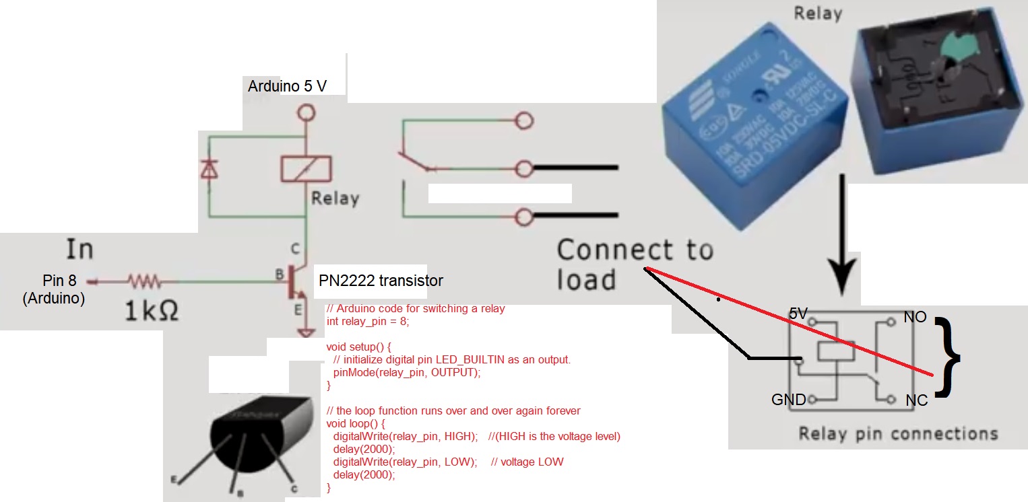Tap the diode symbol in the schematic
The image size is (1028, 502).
point(209,171)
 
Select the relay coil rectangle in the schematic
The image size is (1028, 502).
point(305,168)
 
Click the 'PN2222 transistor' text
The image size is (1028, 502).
point(381,280)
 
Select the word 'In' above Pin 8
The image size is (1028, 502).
point(79,249)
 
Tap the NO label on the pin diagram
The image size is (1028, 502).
point(915,316)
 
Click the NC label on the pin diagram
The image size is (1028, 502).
point(917,400)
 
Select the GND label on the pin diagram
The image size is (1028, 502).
point(788,400)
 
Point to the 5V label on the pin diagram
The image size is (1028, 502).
point(798,314)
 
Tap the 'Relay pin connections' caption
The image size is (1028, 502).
point(898,433)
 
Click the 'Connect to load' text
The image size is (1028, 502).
point(633,264)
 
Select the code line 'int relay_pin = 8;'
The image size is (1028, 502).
point(367,322)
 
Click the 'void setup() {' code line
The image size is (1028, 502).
point(358,347)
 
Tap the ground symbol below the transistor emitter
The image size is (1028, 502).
point(307,333)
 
